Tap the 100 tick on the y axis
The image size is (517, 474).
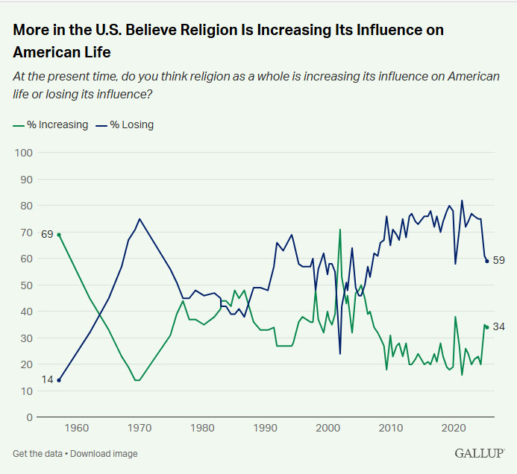point(24,153)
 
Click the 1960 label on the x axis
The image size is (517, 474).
point(77,429)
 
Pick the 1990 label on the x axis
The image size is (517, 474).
point(266,429)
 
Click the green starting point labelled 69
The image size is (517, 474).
point(58,235)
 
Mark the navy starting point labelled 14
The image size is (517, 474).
point(58,380)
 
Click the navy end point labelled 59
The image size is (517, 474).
point(486,261)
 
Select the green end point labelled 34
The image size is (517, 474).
point(486,327)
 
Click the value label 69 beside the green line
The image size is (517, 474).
point(47,234)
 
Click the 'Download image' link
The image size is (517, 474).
point(104,454)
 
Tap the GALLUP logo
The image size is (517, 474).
point(479,453)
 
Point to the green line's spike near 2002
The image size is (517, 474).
point(340,230)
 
